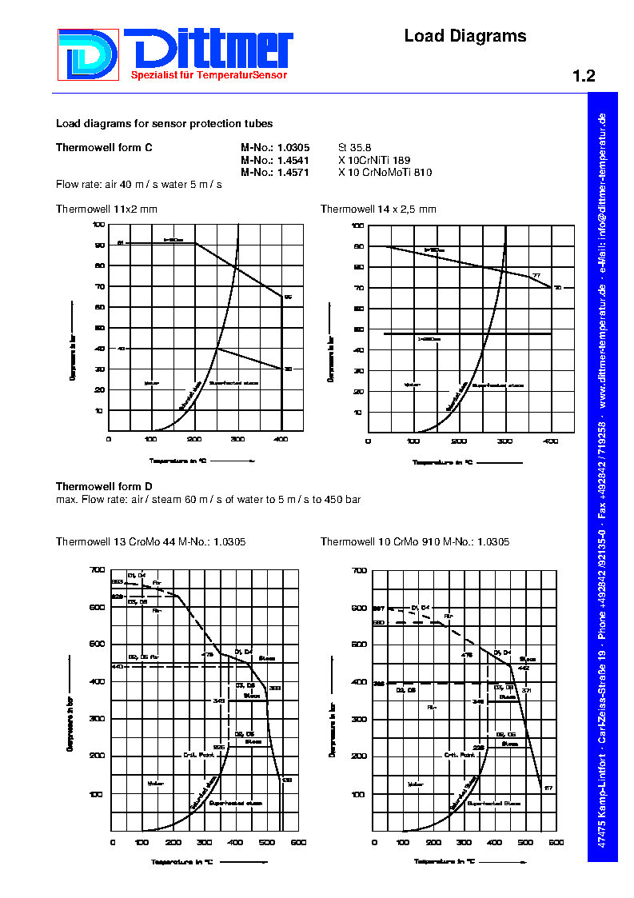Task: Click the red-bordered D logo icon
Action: pos(88,54)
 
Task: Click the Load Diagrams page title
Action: pos(465,36)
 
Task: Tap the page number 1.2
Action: pos(584,77)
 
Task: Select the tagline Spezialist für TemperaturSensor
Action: pos(209,75)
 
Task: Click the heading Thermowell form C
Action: pos(104,148)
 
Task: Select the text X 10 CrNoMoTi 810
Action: pos(385,172)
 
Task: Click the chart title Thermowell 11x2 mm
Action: pos(106,209)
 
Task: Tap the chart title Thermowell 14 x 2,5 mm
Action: pos(378,209)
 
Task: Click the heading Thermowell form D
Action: pos(104,486)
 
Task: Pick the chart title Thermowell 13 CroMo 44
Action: pos(150,542)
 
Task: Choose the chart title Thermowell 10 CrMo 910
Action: pos(415,542)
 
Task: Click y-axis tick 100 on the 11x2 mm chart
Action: pos(98,225)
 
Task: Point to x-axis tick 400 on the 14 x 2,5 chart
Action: pos(551,441)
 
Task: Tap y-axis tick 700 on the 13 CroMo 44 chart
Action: pos(98,570)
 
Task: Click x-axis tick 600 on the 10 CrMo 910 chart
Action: pos(556,843)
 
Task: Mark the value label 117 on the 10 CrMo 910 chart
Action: pos(548,789)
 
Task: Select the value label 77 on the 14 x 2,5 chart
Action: pos(536,276)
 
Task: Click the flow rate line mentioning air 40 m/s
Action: pos(138,185)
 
